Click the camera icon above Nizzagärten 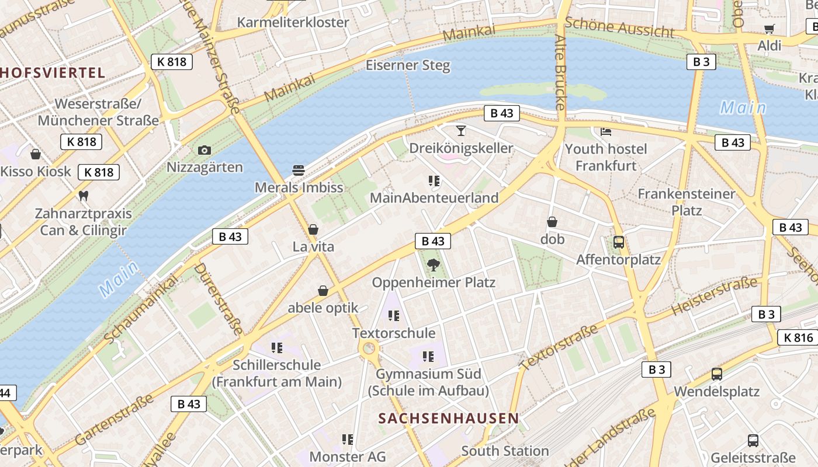pyautogui.click(x=204, y=150)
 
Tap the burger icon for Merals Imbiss pyautogui.click(x=299, y=170)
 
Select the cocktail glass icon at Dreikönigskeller pyautogui.click(x=461, y=130)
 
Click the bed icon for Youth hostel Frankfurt pyautogui.click(x=606, y=131)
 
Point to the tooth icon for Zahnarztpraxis pyautogui.click(x=83, y=196)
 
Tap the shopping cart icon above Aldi pyautogui.click(x=769, y=29)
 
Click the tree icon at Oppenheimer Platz pyautogui.click(x=434, y=266)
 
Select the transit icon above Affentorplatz pyautogui.click(x=618, y=242)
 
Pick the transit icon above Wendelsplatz pyautogui.click(x=716, y=374)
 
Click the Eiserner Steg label pyautogui.click(x=408, y=65)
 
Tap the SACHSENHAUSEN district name pyautogui.click(x=449, y=418)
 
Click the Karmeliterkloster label pyautogui.click(x=293, y=22)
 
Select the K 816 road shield pyautogui.click(x=798, y=337)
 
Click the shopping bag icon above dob pyautogui.click(x=552, y=222)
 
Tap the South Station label pyautogui.click(x=505, y=451)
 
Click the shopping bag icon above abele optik pyautogui.click(x=323, y=290)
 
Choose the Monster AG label pyautogui.click(x=348, y=456)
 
